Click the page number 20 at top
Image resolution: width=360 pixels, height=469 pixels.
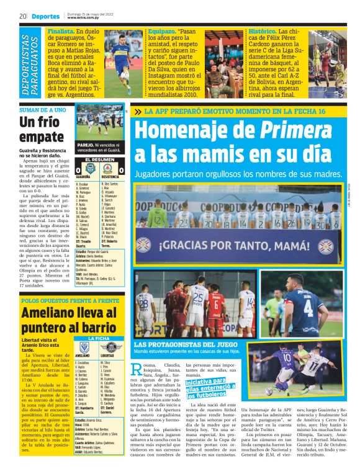(23, 16)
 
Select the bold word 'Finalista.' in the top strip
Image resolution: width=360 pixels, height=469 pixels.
(66, 30)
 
